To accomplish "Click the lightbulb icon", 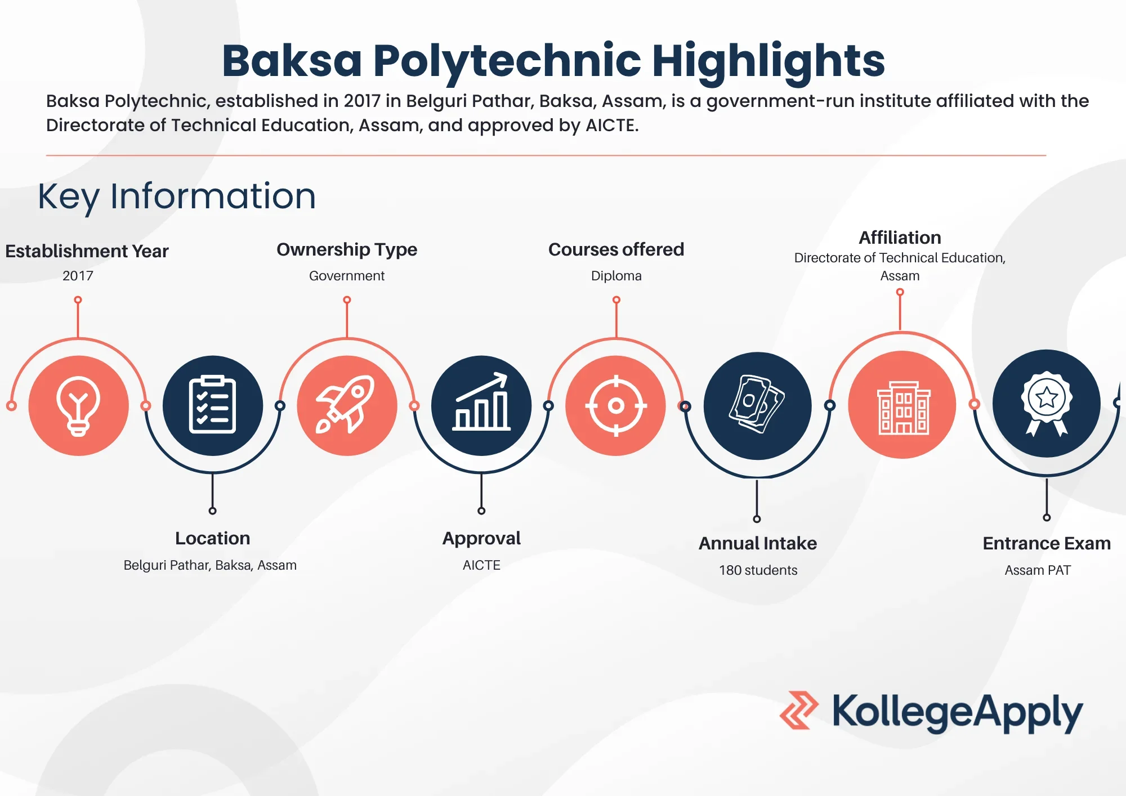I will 78,405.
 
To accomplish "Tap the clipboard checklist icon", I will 212,405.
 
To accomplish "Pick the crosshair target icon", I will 616,405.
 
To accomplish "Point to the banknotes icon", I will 757,405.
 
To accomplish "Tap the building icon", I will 902,405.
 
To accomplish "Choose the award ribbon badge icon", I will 1046,403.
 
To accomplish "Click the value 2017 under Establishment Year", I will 78,276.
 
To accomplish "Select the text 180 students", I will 758,570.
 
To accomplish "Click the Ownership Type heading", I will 347,249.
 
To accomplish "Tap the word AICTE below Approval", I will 481,565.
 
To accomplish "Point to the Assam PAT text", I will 1038,570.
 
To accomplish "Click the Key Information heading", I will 177,196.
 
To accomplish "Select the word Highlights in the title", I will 768,61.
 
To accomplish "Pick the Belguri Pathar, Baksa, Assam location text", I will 210,565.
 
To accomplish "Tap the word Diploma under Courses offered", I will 616,276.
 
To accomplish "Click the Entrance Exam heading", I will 1046,543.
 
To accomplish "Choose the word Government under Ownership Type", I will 347,276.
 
